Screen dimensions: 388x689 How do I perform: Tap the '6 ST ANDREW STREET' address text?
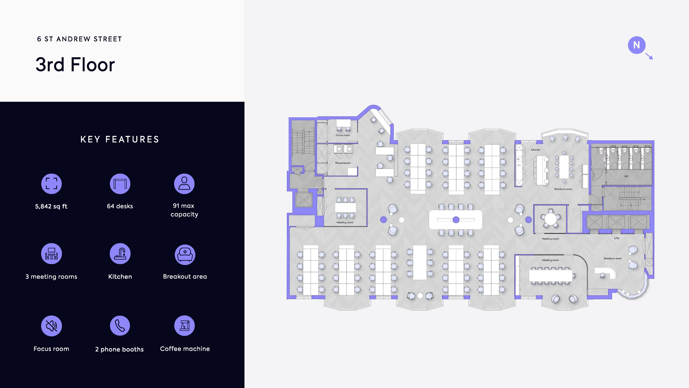pos(79,39)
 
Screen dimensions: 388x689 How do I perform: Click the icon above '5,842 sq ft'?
pos(51,184)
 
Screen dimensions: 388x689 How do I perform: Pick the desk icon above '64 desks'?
pos(120,184)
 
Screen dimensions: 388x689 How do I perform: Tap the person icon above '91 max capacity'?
pos(184,184)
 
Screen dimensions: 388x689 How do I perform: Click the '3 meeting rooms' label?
pos(51,277)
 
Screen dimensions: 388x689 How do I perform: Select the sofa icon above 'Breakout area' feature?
pos(185,254)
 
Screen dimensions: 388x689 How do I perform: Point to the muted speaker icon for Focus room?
pos(51,326)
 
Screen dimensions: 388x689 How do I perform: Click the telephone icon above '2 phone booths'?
pos(120,326)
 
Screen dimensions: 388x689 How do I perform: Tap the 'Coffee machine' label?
pos(185,349)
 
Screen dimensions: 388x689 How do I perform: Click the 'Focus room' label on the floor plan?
pos(343,135)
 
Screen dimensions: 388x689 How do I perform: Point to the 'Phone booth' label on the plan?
pos(343,163)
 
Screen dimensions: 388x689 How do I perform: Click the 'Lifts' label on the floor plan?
pos(617,238)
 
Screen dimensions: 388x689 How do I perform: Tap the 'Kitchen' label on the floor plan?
pos(535,150)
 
